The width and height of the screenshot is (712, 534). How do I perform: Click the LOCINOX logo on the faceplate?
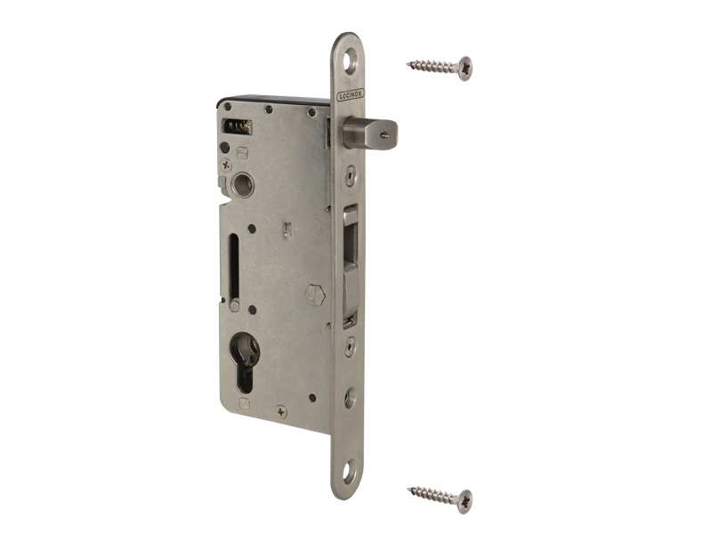coord(350,95)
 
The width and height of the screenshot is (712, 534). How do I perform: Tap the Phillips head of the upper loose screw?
coord(465,69)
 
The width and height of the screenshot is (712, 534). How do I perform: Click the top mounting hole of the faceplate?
coord(350,62)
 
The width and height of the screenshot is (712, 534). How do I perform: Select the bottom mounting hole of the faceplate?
coord(349,473)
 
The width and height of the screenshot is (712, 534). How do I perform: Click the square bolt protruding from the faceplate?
coord(370,133)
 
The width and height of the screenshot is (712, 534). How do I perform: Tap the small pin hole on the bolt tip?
coord(385,134)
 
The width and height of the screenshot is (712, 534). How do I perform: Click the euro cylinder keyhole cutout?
coord(245,362)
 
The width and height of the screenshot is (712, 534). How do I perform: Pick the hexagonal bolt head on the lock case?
coord(315,295)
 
